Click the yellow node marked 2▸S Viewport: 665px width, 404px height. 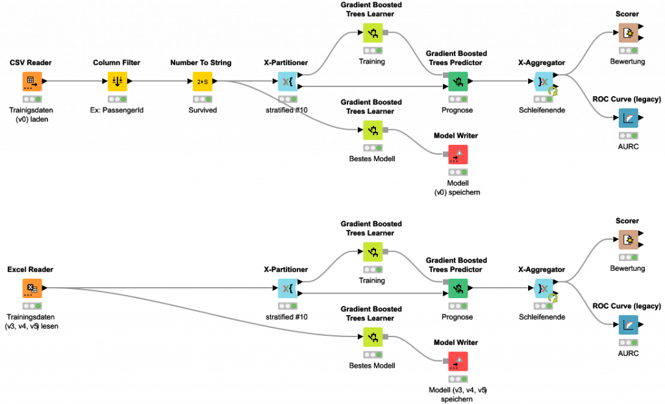click(x=202, y=81)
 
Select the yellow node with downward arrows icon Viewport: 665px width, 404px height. click(x=117, y=81)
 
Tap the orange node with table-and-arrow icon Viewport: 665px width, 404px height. click(x=32, y=81)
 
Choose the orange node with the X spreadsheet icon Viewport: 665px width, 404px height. click(x=32, y=288)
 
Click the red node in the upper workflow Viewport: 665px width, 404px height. click(x=458, y=154)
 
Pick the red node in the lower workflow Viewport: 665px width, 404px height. click(x=458, y=361)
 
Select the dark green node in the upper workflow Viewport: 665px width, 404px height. click(x=458, y=81)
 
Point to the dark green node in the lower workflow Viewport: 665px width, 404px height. click(x=458, y=288)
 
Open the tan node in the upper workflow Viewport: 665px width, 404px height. click(x=628, y=32)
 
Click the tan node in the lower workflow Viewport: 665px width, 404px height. click(x=628, y=240)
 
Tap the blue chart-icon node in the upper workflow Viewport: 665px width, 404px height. click(x=628, y=118)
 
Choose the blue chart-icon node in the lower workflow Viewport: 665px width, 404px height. click(x=628, y=325)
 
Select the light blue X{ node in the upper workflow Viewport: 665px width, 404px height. click(x=288, y=81)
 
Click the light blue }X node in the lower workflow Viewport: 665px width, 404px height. click(x=543, y=288)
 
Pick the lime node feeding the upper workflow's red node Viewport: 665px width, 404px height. click(x=373, y=130)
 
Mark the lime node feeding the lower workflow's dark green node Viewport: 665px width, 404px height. click(x=373, y=251)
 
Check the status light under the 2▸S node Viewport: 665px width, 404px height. click(x=202, y=99)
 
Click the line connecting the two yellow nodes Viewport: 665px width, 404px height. click(x=159, y=81)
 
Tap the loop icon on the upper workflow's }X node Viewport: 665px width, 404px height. click(x=553, y=92)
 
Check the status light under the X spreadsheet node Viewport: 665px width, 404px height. click(x=32, y=306)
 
